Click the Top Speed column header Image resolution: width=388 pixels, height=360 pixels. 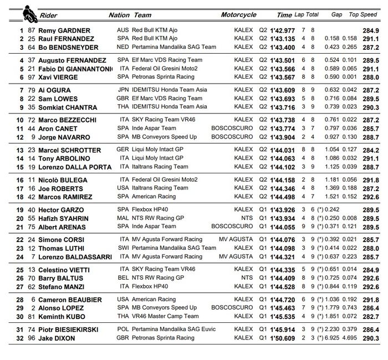(363, 15)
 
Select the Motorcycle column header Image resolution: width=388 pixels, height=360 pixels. (238, 15)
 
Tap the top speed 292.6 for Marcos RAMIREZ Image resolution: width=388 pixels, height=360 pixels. (370, 197)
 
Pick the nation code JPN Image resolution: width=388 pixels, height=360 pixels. (123, 89)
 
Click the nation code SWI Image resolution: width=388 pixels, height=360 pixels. (123, 248)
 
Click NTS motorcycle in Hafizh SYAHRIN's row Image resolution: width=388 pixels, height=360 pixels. (247, 218)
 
